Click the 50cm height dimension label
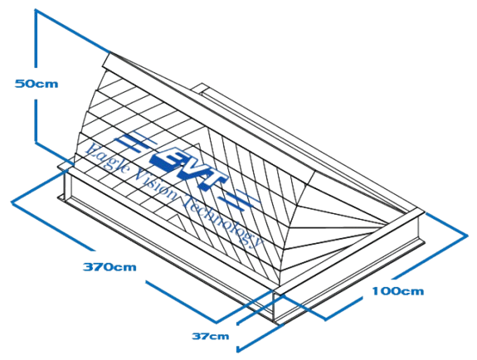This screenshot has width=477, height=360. [37, 84]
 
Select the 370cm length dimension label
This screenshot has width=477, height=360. [110, 267]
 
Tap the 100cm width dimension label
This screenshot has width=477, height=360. [398, 291]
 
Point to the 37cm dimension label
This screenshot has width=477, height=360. [211, 336]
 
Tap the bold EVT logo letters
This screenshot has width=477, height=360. [188, 168]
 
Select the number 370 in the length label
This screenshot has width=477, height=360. [96, 267]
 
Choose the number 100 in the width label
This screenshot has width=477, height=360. [385, 291]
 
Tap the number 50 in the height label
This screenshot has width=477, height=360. [23, 84]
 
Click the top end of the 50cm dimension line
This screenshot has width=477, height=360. [36, 10]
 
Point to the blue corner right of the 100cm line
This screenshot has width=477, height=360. [467, 236]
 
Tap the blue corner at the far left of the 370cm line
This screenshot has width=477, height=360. [12, 202]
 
